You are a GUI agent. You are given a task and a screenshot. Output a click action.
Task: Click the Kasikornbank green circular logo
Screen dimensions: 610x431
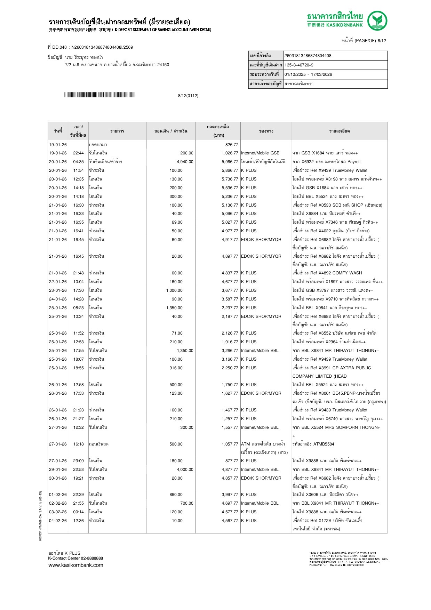coord(377,21)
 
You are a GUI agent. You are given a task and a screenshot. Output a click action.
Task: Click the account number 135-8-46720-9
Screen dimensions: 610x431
coord(299,65)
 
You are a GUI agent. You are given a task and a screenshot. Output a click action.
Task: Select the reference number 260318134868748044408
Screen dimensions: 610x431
coord(308,56)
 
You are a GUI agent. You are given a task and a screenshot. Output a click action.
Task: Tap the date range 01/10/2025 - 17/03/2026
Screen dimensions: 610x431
coord(308,74)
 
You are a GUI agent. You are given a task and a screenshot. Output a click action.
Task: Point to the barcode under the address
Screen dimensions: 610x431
coord(99,95)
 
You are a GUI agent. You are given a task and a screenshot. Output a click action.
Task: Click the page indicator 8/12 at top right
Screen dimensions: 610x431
coord(382,41)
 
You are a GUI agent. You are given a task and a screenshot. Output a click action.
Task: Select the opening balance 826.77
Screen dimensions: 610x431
coord(232,145)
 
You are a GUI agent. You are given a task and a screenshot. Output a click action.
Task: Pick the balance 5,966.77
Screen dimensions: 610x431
coord(230,162)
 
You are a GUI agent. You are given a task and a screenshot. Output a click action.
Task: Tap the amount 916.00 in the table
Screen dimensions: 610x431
coord(176,368)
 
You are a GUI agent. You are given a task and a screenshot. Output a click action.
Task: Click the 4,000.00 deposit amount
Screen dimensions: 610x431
coord(185,469)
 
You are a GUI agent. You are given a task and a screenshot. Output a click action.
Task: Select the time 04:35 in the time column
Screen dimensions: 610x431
coord(78,162)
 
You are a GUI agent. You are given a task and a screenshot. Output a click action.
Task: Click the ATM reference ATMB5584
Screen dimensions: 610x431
coord(324,444)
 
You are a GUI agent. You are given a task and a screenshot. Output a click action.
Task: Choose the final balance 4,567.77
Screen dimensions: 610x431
coord(230,521)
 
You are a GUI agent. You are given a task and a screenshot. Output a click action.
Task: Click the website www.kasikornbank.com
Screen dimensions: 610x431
coord(76,565)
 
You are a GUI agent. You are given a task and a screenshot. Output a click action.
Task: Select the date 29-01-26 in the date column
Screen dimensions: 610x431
coord(58,469)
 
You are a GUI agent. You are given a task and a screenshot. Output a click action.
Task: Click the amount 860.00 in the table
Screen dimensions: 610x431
coord(176,495)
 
